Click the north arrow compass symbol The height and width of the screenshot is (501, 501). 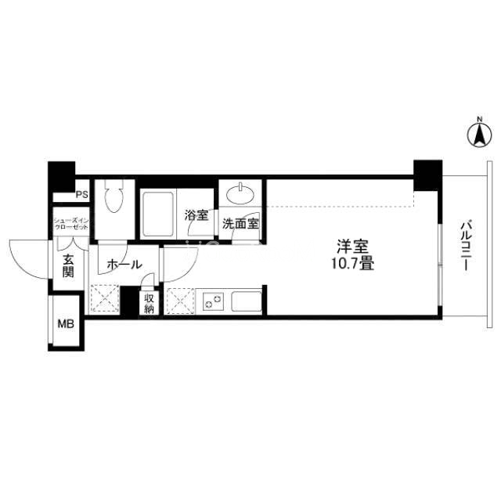[x=480, y=135]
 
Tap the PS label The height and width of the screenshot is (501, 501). [x=81, y=195]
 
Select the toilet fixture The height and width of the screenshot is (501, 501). [x=114, y=196]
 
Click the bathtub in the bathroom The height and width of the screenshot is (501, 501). [x=158, y=213]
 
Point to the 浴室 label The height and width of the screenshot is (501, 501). [x=196, y=215]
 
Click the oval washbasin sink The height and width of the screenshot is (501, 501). [x=240, y=193]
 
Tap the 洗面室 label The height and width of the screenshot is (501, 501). [x=240, y=224]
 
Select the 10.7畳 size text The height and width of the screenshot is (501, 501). [x=352, y=264]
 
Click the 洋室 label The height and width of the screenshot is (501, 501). [x=353, y=247]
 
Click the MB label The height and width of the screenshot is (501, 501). [x=66, y=324]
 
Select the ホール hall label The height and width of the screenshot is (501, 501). [x=124, y=265]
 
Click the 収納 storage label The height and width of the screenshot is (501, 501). [x=150, y=304]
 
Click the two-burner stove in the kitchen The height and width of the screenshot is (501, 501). [x=213, y=301]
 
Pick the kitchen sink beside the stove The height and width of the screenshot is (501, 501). [x=247, y=301]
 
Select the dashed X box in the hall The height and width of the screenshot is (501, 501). [x=105, y=298]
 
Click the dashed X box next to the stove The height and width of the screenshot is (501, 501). [x=181, y=301]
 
